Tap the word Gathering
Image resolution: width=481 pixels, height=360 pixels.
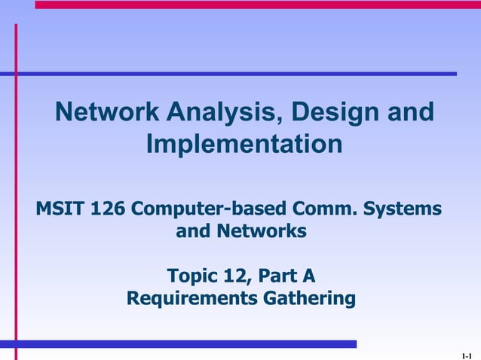[x=308, y=299]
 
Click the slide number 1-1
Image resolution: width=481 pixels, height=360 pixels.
[x=466, y=353]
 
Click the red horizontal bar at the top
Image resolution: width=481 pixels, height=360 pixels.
[x=256, y=5]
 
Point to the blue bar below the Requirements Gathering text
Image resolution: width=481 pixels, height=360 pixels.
[x=181, y=344]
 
